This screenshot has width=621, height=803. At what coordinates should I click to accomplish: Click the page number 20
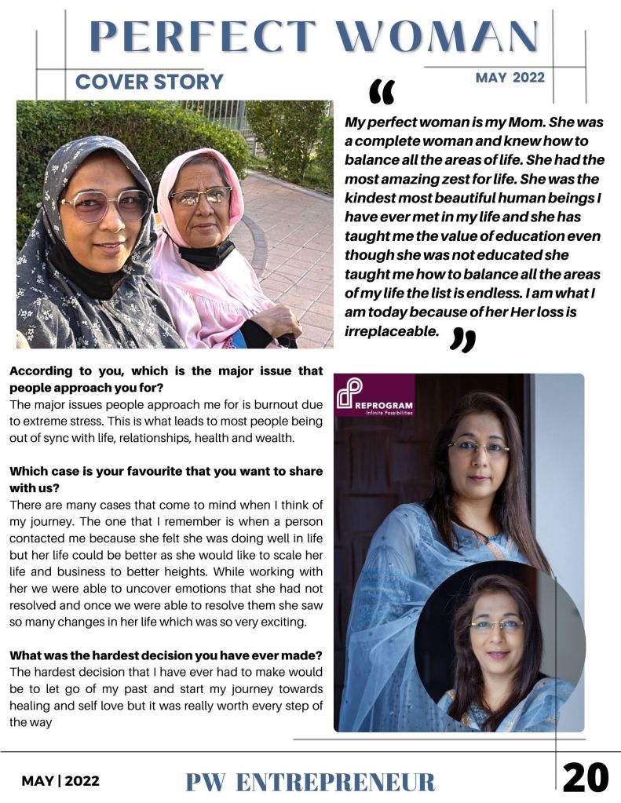[x=586, y=778]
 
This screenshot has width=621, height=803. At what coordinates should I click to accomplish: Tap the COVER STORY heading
[x=149, y=82]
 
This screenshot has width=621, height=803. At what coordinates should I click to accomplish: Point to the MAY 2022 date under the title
[x=510, y=77]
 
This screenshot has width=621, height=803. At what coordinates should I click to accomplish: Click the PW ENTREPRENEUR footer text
[x=310, y=782]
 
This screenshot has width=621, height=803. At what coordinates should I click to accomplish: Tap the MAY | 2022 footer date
[x=60, y=781]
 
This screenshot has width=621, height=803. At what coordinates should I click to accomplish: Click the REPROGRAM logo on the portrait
[x=374, y=395]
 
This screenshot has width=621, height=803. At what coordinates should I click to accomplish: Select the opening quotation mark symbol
[x=382, y=92]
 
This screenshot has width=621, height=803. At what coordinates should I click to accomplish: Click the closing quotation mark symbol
[x=463, y=340]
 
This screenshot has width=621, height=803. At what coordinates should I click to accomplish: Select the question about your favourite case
[x=166, y=479]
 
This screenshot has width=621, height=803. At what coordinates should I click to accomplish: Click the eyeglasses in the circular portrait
[x=496, y=626]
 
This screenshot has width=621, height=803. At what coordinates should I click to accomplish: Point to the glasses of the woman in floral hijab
[x=105, y=206]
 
